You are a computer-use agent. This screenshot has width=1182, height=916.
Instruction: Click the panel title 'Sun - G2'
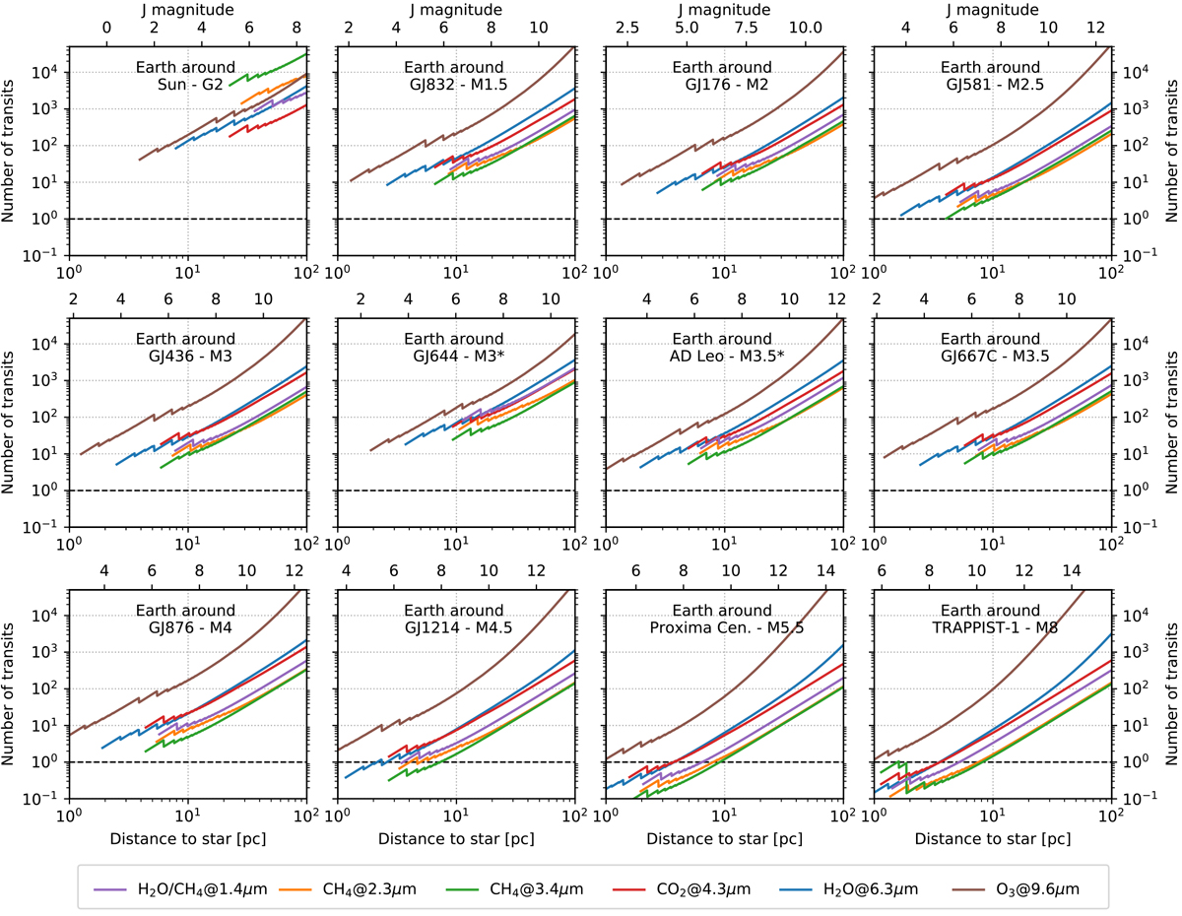[x=187, y=85]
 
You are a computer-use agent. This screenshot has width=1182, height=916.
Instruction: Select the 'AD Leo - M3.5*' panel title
[x=723, y=357]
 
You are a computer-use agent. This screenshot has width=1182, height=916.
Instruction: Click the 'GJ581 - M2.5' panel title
[x=992, y=85]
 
